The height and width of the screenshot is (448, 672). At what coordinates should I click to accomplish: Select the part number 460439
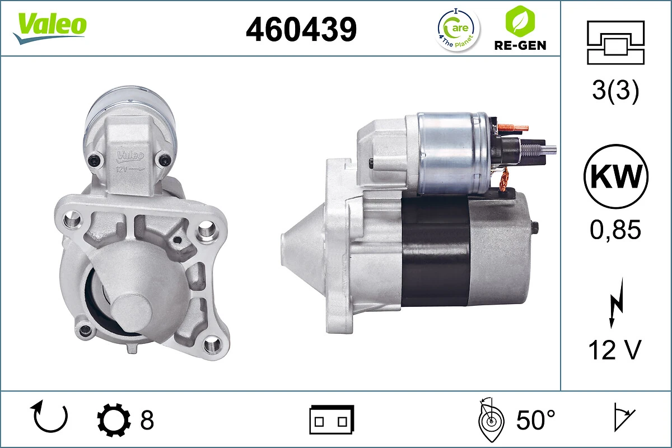(x=301, y=29)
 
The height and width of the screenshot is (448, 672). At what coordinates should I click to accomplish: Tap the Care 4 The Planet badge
(x=458, y=29)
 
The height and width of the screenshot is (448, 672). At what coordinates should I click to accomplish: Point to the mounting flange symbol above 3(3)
(x=615, y=43)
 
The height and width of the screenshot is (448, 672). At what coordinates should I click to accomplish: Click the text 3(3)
(x=615, y=93)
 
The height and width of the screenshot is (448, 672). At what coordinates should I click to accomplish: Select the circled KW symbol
(x=615, y=177)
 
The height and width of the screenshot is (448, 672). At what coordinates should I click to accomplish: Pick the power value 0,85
(x=615, y=230)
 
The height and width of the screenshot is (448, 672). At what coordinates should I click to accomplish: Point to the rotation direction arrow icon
(x=51, y=418)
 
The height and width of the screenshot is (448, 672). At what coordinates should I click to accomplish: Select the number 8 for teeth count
(x=147, y=419)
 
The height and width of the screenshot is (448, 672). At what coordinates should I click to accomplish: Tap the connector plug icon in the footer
(x=332, y=419)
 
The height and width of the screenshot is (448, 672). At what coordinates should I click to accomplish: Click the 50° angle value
(x=536, y=419)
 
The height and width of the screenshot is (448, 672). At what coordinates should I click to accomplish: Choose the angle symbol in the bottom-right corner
(x=623, y=419)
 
